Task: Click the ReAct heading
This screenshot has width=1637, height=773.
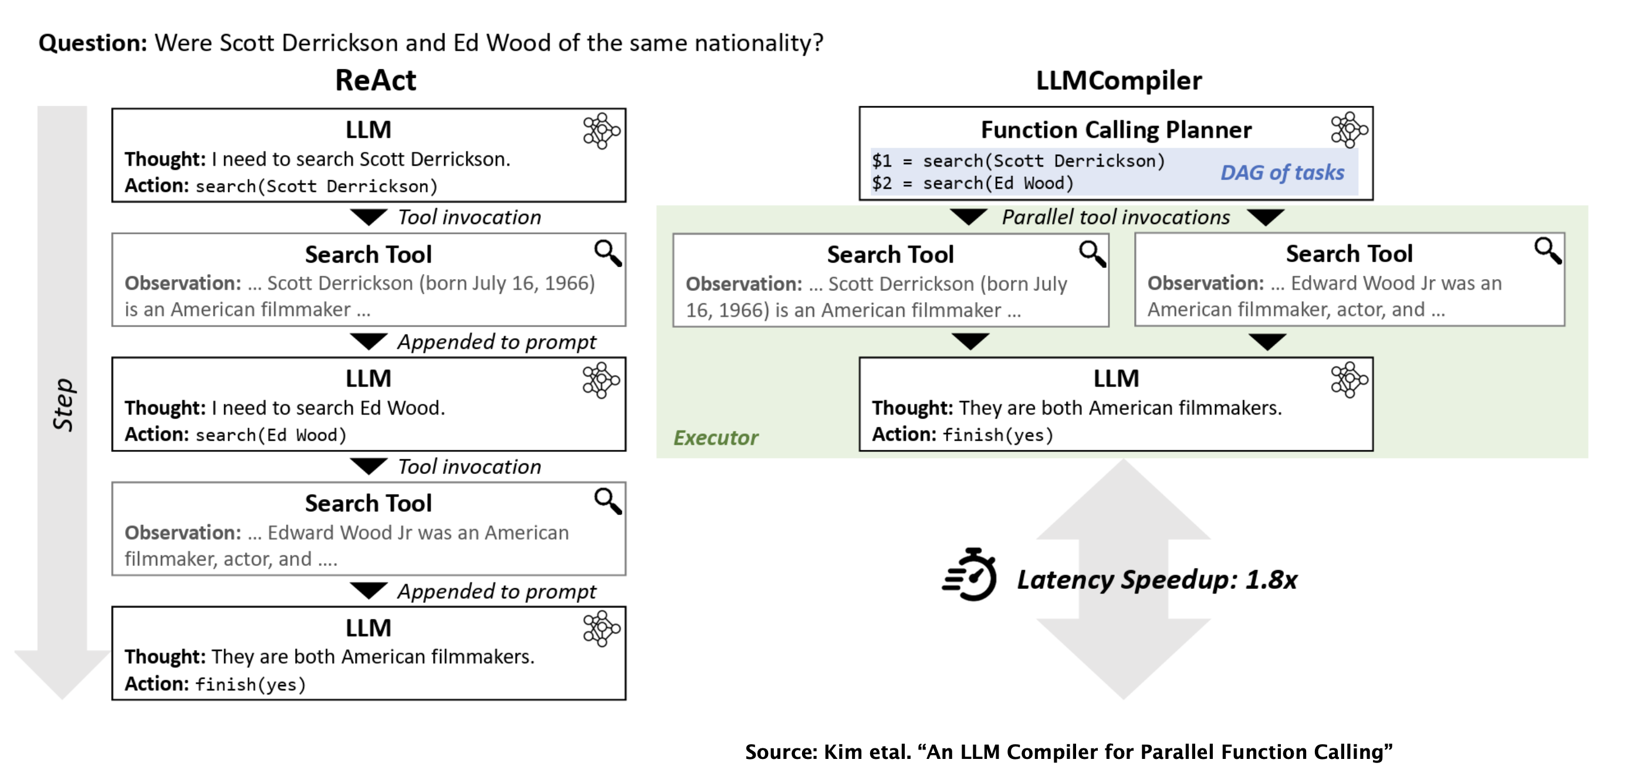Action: coord(375,81)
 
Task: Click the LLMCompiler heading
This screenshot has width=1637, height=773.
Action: coord(1118,81)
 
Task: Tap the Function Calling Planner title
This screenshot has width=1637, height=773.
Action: coord(1116,130)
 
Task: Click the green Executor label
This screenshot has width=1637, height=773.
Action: coord(716,438)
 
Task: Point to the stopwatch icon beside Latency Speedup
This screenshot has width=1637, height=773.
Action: coord(970,575)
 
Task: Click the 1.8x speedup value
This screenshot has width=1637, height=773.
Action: coord(1271,579)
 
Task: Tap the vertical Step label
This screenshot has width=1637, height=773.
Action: coord(63,405)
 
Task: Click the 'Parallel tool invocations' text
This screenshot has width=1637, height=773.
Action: coord(1116,217)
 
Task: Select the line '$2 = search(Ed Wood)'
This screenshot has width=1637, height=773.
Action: coord(972,184)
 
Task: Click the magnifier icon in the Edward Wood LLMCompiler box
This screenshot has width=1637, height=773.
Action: coord(1548,251)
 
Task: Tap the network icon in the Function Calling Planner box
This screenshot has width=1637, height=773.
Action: coord(1348,130)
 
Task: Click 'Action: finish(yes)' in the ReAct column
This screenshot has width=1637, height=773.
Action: coord(215,684)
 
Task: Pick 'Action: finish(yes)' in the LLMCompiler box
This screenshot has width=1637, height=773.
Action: coord(962,435)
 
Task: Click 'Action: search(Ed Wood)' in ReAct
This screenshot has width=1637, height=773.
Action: coord(235,435)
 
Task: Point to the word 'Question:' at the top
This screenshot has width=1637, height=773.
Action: coord(93,43)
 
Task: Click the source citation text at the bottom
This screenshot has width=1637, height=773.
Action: coord(1068,751)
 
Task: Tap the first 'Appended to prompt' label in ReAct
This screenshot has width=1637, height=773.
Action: coord(496,343)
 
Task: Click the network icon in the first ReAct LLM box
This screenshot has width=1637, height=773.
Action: coord(601,131)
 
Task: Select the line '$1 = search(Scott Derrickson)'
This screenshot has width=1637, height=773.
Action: coord(1018,161)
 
